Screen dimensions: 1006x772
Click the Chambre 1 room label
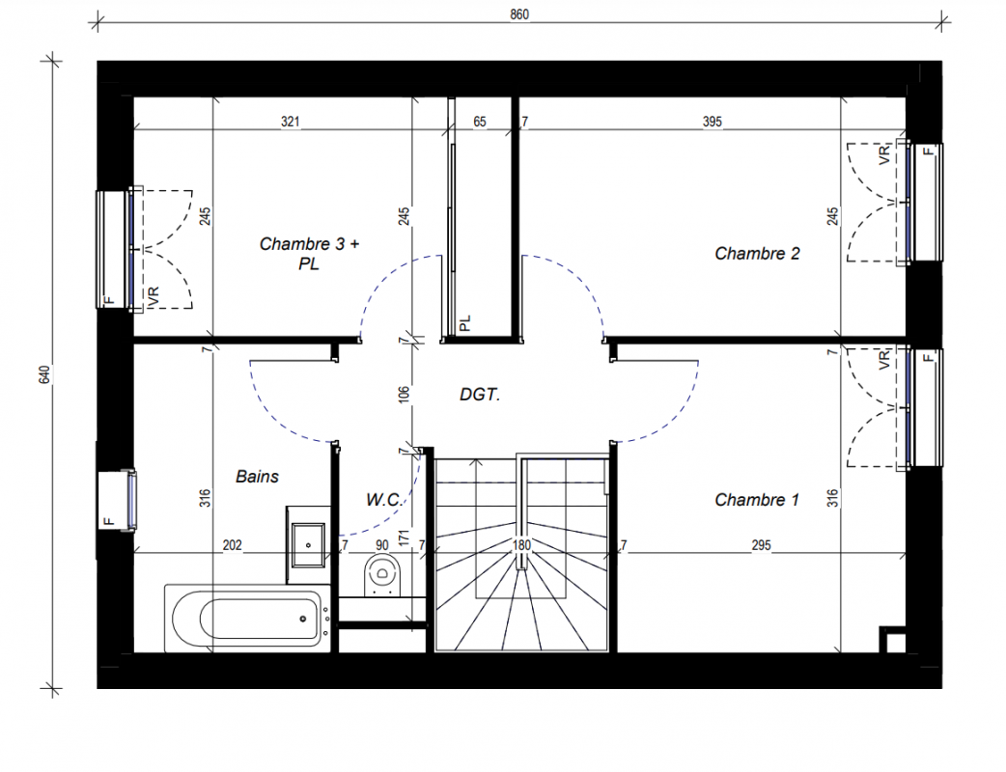[x=757, y=500]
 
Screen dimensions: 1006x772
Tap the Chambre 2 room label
[x=757, y=253]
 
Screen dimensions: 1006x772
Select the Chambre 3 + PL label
[x=309, y=253]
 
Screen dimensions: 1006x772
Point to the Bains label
[x=257, y=477]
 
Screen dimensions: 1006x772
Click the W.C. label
[x=383, y=500]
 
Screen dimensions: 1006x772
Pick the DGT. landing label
[x=480, y=395]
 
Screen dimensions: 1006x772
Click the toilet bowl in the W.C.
[x=382, y=574]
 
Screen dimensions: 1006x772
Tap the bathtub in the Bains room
[x=248, y=619]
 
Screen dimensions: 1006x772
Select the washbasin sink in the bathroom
[x=308, y=545]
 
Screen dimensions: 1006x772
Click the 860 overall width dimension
[x=519, y=14]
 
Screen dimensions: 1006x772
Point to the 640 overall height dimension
[x=44, y=375]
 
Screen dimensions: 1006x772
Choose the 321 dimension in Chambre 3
[x=290, y=122]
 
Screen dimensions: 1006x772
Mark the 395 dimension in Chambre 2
[x=713, y=122]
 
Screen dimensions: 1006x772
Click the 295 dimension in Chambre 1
[x=761, y=545]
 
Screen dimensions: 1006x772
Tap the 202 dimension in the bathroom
[x=233, y=545]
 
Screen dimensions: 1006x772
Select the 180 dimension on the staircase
[x=521, y=545]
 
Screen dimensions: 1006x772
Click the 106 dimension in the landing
[x=403, y=394]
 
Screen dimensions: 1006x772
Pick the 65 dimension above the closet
[x=480, y=122]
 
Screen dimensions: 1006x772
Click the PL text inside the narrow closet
[x=465, y=322]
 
